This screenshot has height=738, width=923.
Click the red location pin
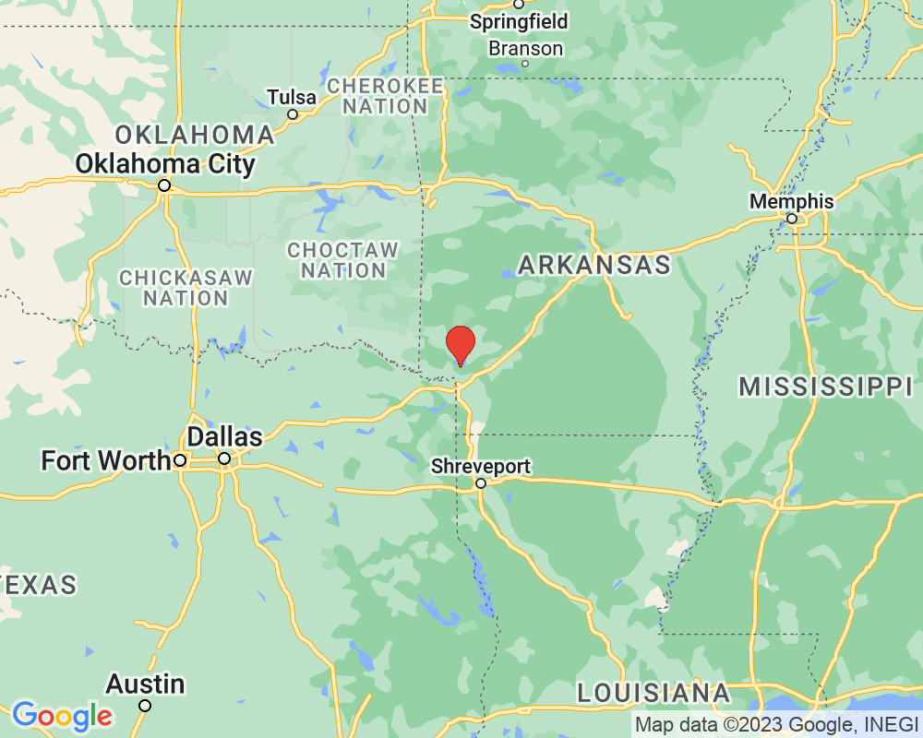pyautogui.click(x=461, y=344)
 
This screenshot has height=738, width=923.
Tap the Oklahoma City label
pyautogui.click(x=165, y=164)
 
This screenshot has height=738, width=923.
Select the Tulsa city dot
pyautogui.click(x=293, y=114)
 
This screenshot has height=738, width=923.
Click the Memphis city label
pyautogui.click(x=791, y=201)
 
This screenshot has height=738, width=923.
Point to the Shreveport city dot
pyautogui.click(x=481, y=482)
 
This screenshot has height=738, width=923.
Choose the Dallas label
pyautogui.click(x=224, y=436)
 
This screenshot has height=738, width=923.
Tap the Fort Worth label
pyautogui.click(x=105, y=459)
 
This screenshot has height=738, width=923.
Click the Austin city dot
pyautogui.click(x=145, y=706)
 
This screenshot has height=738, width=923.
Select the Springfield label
pyautogui.click(x=519, y=21)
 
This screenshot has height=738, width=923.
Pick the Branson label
pyautogui.click(x=525, y=48)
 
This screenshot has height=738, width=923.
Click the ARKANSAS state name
pyautogui.click(x=593, y=266)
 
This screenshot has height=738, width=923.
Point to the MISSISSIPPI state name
pyautogui.click(x=825, y=387)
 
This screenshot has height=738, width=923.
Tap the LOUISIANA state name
pyautogui.click(x=653, y=693)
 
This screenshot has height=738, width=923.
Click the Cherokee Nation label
pyautogui.click(x=385, y=96)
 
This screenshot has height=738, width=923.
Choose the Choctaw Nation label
pyautogui.click(x=342, y=260)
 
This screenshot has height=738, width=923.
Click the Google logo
pyautogui.click(x=62, y=715)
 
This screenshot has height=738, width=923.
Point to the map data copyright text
pyautogui.click(x=775, y=725)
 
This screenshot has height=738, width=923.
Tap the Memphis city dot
pyautogui.click(x=791, y=219)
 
